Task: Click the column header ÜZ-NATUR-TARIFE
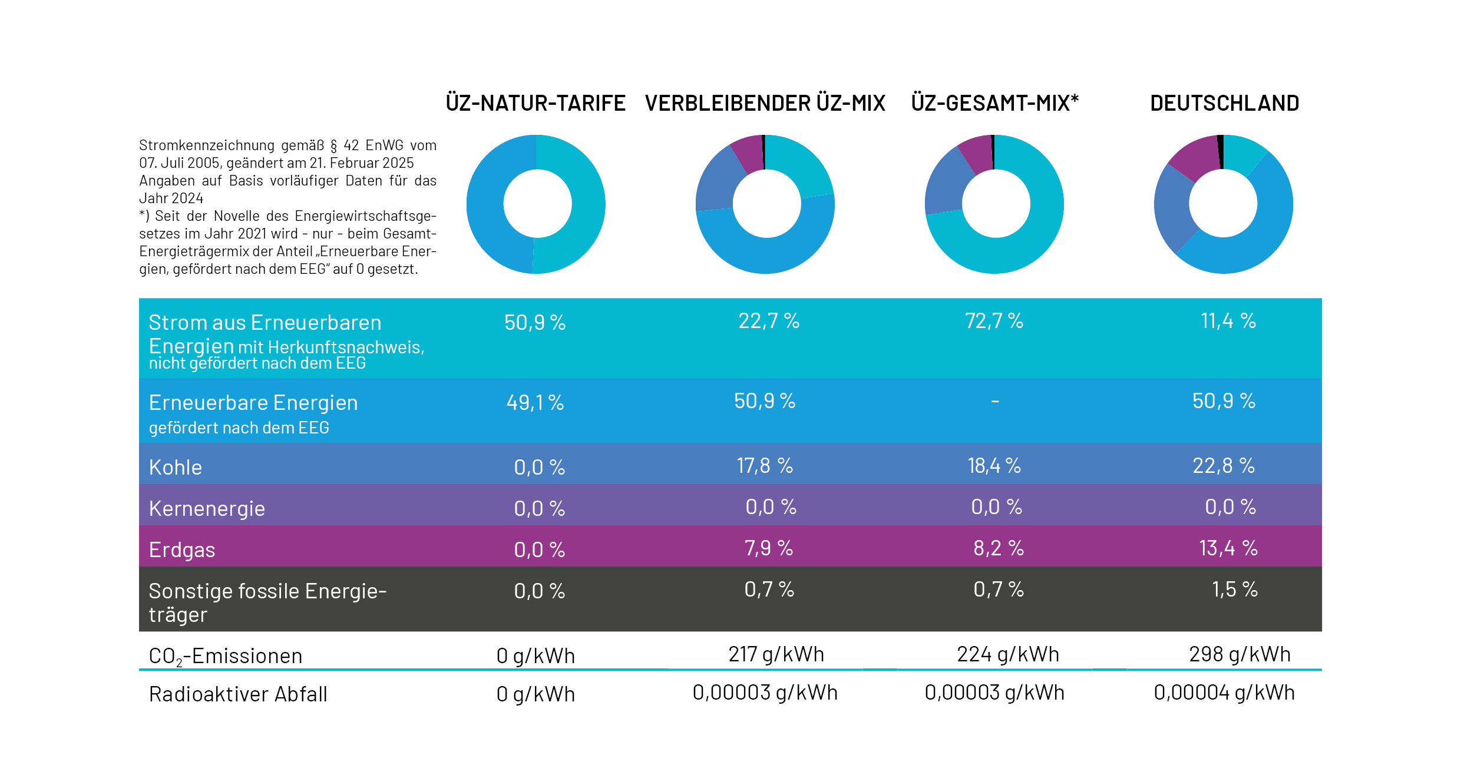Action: point(536,103)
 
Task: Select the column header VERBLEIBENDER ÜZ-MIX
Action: point(765,103)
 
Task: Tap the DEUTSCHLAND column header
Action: point(1224,103)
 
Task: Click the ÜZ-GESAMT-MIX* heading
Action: point(994,103)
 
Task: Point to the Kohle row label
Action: point(176,467)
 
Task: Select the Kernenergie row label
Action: point(207,508)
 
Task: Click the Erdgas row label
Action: point(182,549)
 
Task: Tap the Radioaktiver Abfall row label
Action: point(238,694)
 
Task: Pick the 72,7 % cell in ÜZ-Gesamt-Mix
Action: point(994,321)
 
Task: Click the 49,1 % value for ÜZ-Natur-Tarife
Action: point(535,403)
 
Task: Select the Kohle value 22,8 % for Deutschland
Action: point(1224,466)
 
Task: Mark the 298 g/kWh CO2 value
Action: point(1239,654)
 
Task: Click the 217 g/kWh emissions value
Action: point(776,654)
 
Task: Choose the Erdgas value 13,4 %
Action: point(1228,548)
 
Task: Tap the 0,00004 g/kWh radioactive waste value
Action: point(1224,693)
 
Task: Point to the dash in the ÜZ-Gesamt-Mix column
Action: point(994,402)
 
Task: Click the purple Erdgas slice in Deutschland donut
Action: point(1193,158)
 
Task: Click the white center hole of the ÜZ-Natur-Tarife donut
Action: point(537,204)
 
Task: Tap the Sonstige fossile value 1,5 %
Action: point(1234,590)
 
